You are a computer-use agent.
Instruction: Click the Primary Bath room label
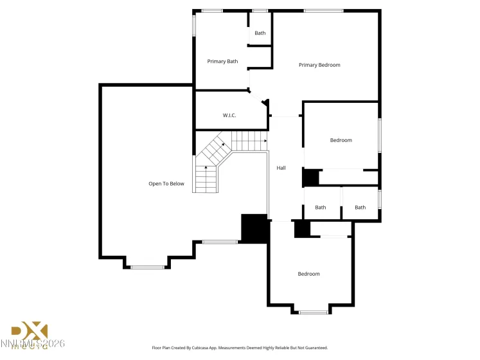(x=222, y=62)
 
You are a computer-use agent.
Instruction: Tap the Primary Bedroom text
(x=319, y=65)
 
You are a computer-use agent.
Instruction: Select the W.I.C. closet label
(x=229, y=115)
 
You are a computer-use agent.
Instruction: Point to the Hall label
(x=281, y=168)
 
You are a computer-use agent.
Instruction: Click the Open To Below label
(x=166, y=184)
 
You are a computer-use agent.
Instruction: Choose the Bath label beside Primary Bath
(x=260, y=33)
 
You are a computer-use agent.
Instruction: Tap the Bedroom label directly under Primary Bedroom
(x=341, y=140)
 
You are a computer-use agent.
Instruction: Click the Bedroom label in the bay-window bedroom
(x=308, y=274)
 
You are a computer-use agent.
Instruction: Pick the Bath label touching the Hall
(x=320, y=207)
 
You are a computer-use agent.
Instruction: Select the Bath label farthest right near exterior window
(x=360, y=207)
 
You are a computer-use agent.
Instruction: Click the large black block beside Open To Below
(x=254, y=228)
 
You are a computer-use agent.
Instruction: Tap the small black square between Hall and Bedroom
(x=310, y=177)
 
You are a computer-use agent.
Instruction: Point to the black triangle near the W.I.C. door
(x=265, y=104)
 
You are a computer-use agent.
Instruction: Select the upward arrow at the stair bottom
(x=206, y=169)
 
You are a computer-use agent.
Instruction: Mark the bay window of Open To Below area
(x=147, y=267)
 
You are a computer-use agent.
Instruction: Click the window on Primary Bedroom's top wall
(x=323, y=10)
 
